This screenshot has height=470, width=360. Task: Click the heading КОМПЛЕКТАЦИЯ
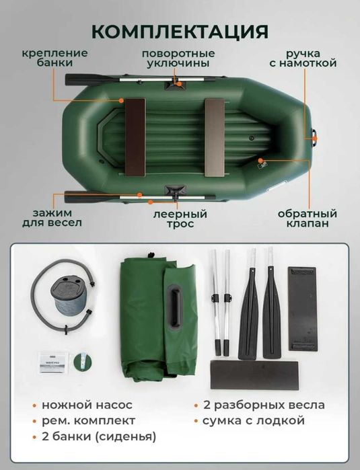click(180, 32)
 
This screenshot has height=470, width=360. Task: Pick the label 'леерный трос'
click(180, 219)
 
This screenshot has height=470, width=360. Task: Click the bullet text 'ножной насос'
click(91, 405)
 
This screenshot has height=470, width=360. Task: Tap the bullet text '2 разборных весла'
click(263, 405)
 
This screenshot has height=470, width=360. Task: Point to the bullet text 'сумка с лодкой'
click(255, 421)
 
